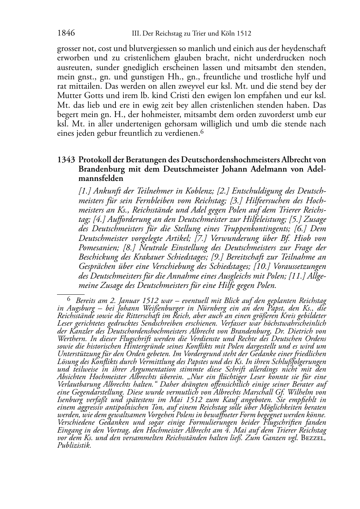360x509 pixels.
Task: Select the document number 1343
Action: pyautogui.click(x=66, y=160)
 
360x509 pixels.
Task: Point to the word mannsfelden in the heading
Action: pyautogui.click(x=101, y=178)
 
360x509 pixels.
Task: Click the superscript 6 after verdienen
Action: pyautogui.click(x=202, y=132)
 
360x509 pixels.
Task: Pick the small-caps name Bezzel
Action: pyautogui.click(x=313, y=438)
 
